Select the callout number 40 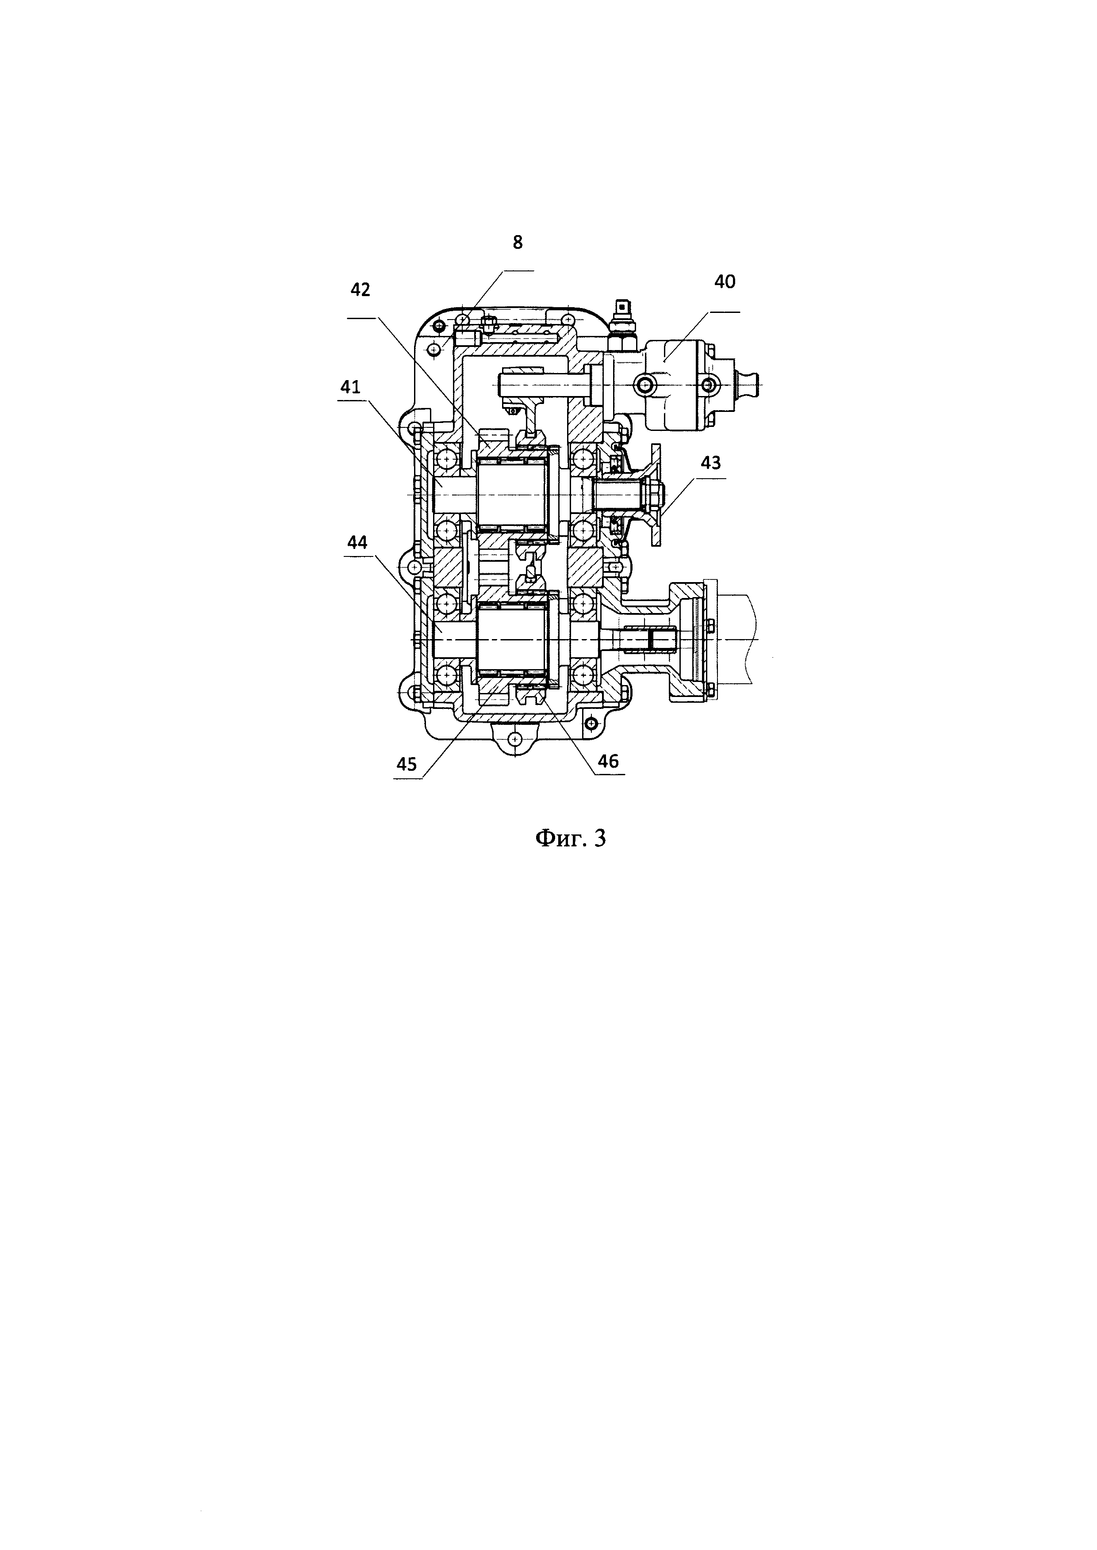[725, 282]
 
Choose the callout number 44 [358, 542]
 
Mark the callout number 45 [407, 764]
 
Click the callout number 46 [608, 762]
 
